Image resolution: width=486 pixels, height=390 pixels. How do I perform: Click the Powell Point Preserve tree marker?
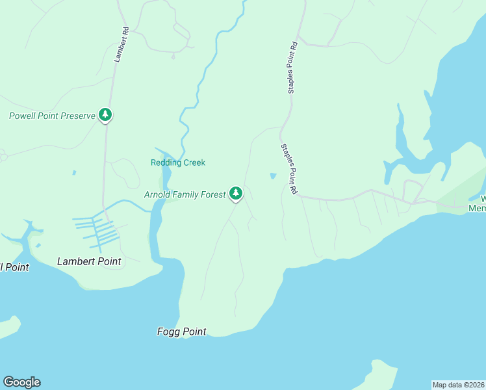click(x=105, y=115)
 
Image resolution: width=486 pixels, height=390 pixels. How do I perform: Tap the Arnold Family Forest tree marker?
click(x=236, y=193)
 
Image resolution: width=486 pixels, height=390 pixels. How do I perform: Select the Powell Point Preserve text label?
click(x=52, y=116)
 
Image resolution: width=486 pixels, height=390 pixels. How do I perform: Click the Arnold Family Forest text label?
click(x=185, y=194)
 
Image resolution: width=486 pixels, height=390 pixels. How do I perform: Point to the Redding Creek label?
click(x=178, y=162)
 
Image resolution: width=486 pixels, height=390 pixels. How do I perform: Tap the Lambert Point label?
click(x=89, y=261)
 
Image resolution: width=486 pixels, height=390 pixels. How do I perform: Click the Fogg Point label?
click(x=182, y=331)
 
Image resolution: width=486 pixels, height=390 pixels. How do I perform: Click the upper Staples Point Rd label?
click(x=292, y=68)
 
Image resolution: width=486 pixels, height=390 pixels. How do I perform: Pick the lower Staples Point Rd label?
click(x=289, y=169)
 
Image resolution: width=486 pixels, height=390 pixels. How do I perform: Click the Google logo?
click(x=22, y=382)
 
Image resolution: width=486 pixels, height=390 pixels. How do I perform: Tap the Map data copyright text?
click(x=458, y=385)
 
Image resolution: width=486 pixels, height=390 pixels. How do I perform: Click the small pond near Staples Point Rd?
click(x=273, y=175)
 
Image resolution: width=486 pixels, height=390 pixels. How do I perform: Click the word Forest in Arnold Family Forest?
click(x=212, y=194)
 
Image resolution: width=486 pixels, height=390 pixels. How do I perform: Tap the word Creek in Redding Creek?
click(x=194, y=162)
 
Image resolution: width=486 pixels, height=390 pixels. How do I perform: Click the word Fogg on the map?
click(x=168, y=331)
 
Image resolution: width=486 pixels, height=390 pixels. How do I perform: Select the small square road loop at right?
click(x=412, y=190)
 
